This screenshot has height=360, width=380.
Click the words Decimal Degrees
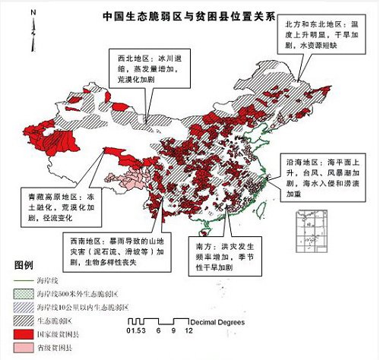click(217, 323)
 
